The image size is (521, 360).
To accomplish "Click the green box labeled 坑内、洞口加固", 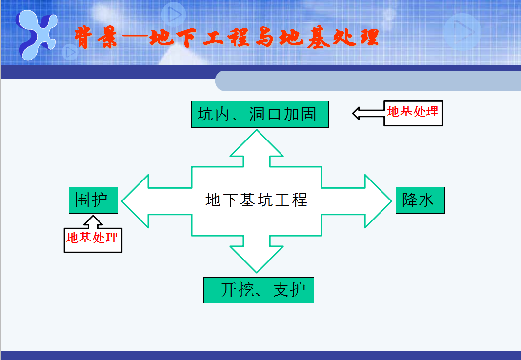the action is tap(260, 114).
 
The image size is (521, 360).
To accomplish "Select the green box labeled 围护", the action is tap(93, 200).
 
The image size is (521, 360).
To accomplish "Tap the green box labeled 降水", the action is tap(420, 200).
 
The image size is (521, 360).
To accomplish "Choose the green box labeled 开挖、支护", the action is tap(259, 290).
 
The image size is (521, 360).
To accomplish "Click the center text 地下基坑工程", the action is tap(257, 200).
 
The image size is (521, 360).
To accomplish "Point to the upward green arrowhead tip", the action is tap(257, 130).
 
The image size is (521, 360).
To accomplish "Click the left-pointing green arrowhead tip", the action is tap(122, 201).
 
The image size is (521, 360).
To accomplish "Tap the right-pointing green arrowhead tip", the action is tap(391, 201).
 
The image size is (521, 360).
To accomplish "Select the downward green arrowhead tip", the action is tap(257, 272).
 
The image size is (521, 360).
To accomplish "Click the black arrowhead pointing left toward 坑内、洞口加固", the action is tap(356, 113).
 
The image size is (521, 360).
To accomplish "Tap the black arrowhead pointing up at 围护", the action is tap(93, 219).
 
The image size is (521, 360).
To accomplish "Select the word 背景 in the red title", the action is tap(96, 37).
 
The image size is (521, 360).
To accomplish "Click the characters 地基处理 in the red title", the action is tap(329, 37).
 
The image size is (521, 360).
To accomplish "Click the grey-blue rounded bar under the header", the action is tap(368, 80).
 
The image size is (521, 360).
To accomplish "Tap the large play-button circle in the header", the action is tap(462, 31).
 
